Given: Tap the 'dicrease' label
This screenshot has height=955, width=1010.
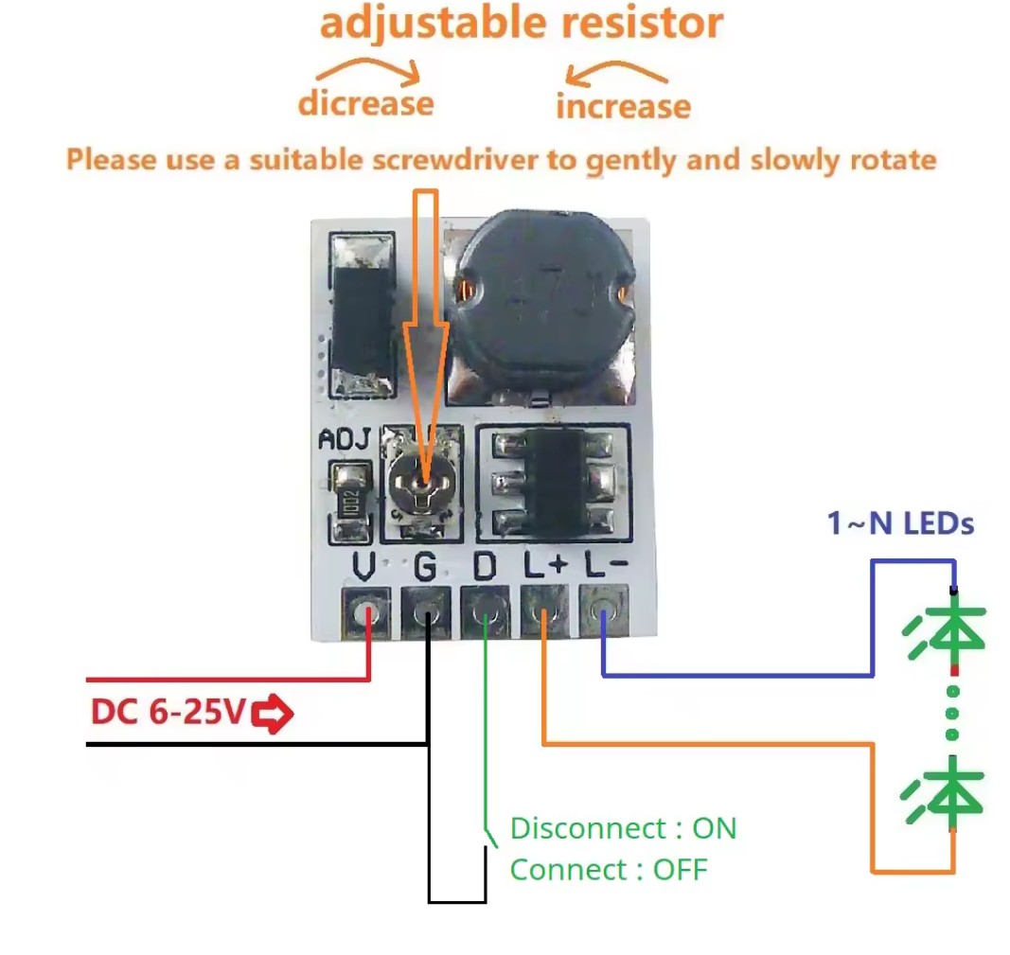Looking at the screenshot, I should pos(365,103).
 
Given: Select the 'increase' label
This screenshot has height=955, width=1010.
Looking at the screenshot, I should pos(623,106).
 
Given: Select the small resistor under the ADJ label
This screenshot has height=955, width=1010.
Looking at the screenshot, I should pos(349,502).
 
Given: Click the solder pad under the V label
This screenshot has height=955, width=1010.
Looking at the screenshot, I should pos(364,613).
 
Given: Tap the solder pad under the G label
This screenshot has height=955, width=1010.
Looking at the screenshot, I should pos(425,613).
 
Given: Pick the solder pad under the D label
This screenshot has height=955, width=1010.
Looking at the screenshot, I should pos(485,613).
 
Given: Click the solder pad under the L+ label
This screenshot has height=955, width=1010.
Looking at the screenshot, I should pos(544,613).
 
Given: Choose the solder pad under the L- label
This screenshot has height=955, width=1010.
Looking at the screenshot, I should pos(603,613).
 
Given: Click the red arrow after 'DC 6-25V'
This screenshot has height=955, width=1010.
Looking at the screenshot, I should pos(274,713).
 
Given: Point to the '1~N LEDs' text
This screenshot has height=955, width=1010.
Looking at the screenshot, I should pos(900,522).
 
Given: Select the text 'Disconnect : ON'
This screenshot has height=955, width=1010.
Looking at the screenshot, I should pos(623,828).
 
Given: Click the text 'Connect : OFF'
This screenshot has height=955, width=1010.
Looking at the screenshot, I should pos(608,869).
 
